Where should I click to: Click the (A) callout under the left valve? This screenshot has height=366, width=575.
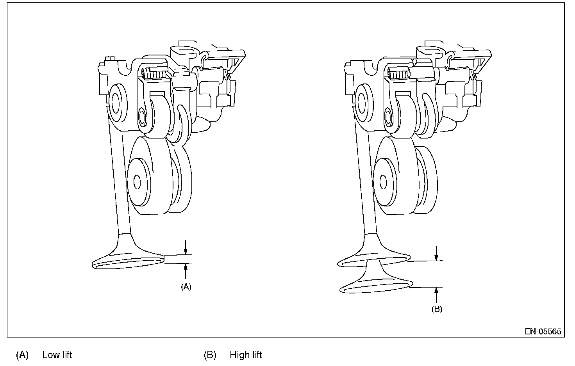(186, 287)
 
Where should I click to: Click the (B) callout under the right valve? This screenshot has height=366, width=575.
(437, 309)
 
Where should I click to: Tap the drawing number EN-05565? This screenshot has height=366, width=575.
(543, 331)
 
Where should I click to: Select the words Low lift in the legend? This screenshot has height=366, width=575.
(57, 355)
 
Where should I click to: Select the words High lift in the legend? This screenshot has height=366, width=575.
(246, 355)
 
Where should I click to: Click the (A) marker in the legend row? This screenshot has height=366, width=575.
(22, 355)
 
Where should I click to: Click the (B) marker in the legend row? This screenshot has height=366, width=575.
(210, 355)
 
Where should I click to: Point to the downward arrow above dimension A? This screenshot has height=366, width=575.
(186, 247)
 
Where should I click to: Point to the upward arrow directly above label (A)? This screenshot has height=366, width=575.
(186, 271)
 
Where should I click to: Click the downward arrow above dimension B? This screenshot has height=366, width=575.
(436, 253)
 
